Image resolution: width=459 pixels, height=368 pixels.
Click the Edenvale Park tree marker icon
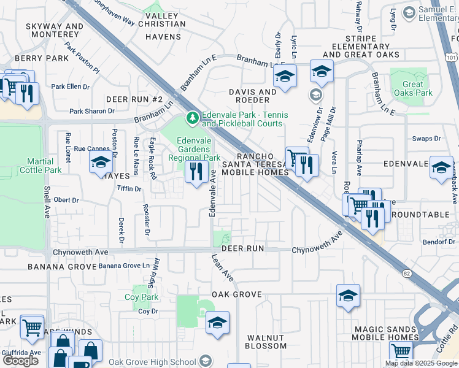pyautogui.click(x=193, y=117)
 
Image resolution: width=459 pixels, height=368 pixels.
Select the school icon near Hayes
pyautogui.click(x=101, y=163)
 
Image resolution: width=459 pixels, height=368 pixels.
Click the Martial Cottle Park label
pyautogui.click(x=44, y=166)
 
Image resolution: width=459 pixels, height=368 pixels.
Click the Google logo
pyautogui.click(x=20, y=361)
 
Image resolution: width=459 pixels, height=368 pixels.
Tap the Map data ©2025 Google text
pyautogui.click(x=420, y=363)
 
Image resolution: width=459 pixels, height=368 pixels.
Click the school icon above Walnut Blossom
pyautogui.click(x=217, y=322)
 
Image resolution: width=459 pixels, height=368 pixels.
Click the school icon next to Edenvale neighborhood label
pyautogui.click(x=441, y=167)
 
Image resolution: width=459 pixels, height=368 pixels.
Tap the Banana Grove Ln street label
pyautogui.click(x=125, y=266)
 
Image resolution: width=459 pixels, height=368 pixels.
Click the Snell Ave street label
pyautogui.click(x=47, y=202)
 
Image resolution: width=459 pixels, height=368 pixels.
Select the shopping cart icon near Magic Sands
pyautogui.click(x=401, y=351)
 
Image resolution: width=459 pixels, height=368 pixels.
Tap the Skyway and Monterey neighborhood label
pyautogui.click(x=55, y=31)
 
